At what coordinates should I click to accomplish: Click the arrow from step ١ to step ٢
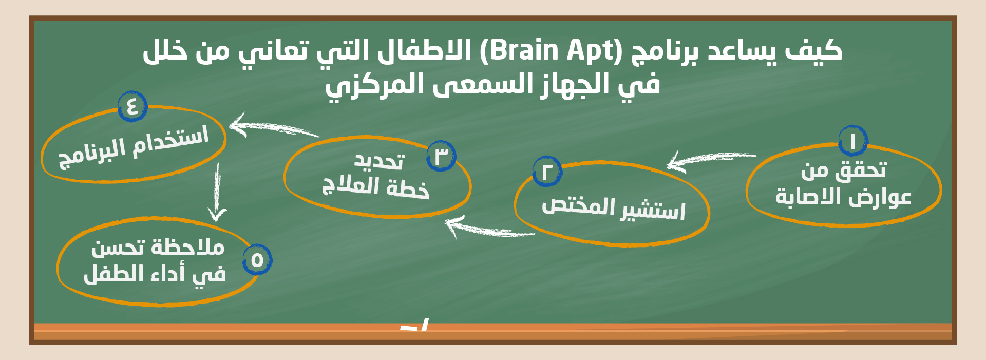coord(711,159)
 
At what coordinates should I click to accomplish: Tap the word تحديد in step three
coord(380,161)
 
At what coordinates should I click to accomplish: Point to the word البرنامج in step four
coord(92,154)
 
